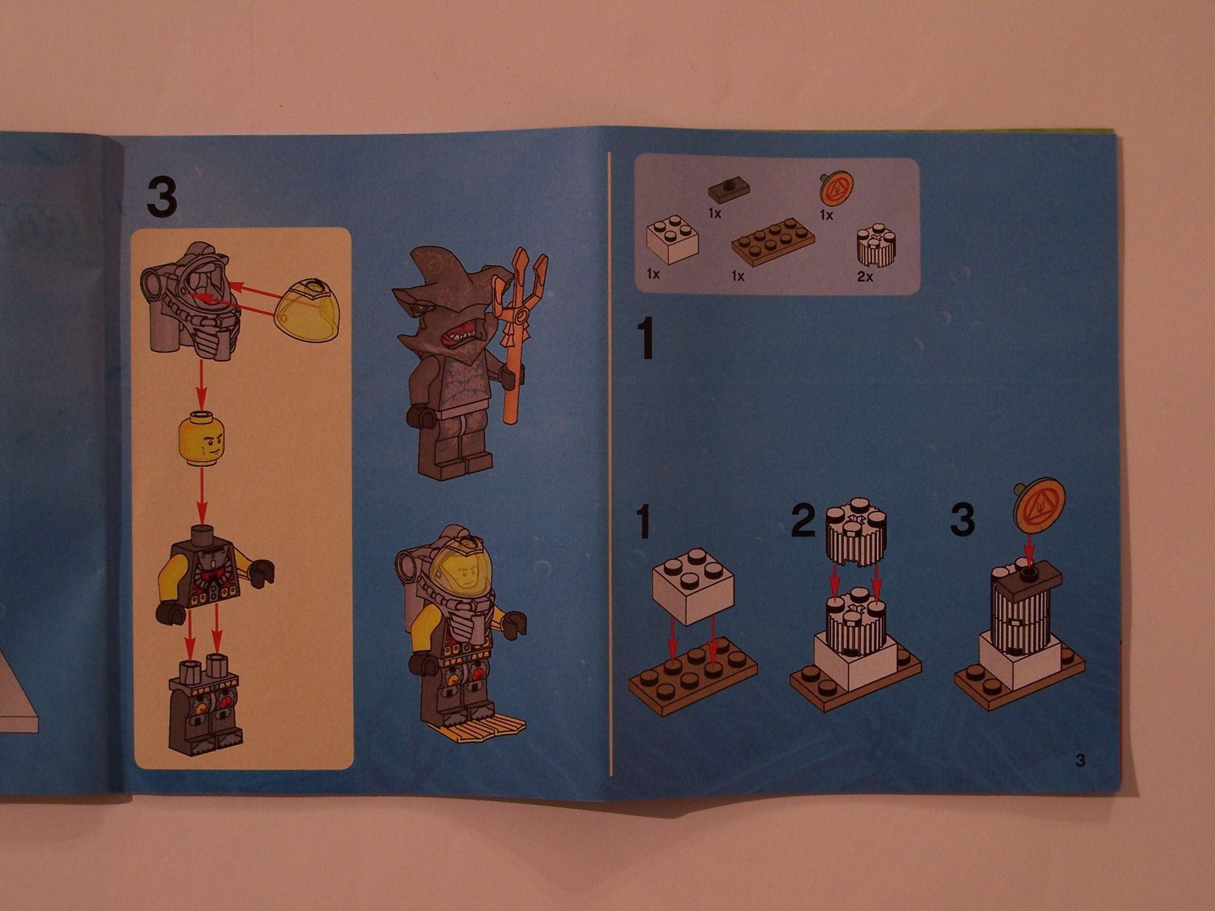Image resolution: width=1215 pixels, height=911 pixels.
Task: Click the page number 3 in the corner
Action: (1080, 761)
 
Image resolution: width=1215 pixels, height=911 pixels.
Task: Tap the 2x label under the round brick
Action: (865, 277)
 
